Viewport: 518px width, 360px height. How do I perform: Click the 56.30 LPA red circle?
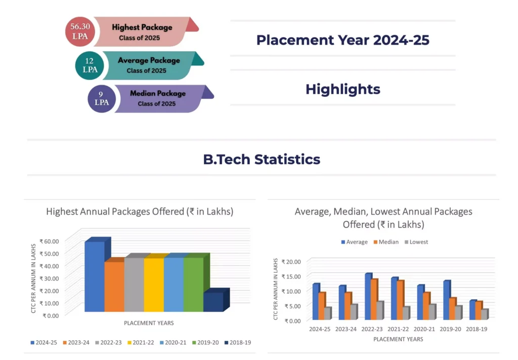coord(79,31)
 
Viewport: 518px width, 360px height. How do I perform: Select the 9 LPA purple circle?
coord(101,98)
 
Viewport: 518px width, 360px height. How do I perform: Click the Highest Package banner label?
coord(142,27)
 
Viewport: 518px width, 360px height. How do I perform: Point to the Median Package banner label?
coord(158,94)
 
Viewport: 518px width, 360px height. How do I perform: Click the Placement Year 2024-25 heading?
coord(342,40)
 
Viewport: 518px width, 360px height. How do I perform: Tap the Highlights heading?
coord(342,89)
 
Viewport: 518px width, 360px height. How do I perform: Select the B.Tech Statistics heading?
coord(262,159)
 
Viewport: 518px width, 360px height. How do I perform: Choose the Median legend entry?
coord(386,242)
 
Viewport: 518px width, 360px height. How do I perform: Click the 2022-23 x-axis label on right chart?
coord(372,329)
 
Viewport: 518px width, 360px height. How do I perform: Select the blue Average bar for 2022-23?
coord(368,297)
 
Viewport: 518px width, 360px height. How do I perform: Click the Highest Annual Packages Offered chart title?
coord(140,212)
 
